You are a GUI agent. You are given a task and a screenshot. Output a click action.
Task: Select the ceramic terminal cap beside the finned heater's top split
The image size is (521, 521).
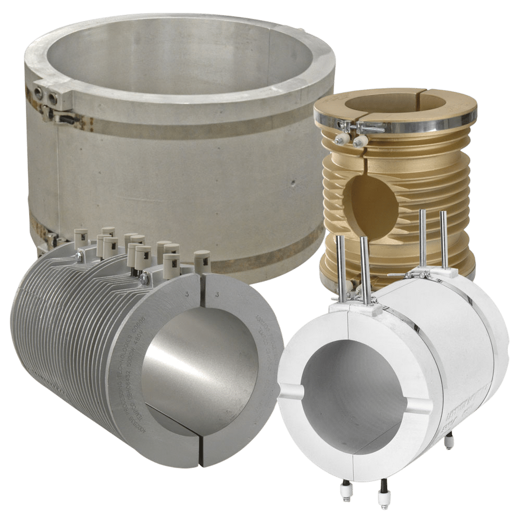click(x=202, y=260)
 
